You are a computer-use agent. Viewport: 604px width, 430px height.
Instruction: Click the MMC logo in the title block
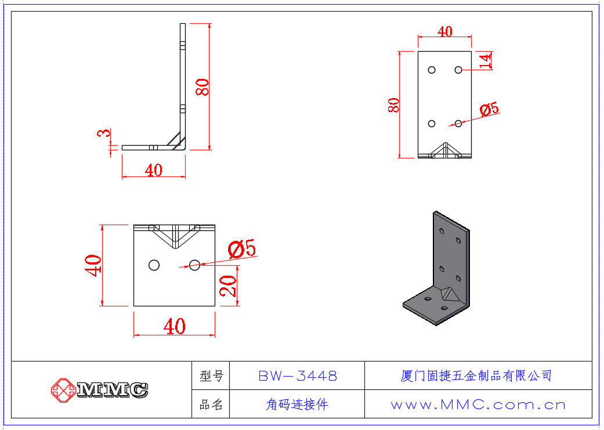[x=99, y=389]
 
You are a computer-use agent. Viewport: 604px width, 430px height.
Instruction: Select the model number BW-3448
[x=297, y=376]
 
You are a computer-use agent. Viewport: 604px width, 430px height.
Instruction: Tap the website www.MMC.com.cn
[x=478, y=404]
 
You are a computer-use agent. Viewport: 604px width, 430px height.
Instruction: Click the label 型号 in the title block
[x=211, y=376]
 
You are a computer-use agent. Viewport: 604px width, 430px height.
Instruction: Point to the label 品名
[x=211, y=404]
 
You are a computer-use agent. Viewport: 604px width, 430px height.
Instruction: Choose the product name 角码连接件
[x=297, y=404]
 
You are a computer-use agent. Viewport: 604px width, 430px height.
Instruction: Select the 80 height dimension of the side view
[x=202, y=87]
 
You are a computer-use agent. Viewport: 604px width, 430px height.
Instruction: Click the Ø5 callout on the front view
[x=489, y=109]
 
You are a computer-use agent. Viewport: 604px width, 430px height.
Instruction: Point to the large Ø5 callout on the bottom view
[x=242, y=250]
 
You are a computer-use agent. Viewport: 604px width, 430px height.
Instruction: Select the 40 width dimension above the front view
[x=444, y=31]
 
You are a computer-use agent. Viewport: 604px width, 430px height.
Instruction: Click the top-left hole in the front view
[x=432, y=70]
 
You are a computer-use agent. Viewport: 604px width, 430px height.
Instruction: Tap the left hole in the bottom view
[x=154, y=265]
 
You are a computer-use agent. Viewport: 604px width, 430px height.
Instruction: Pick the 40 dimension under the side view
[x=153, y=170]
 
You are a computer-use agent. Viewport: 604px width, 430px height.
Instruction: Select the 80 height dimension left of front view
[x=394, y=105]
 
